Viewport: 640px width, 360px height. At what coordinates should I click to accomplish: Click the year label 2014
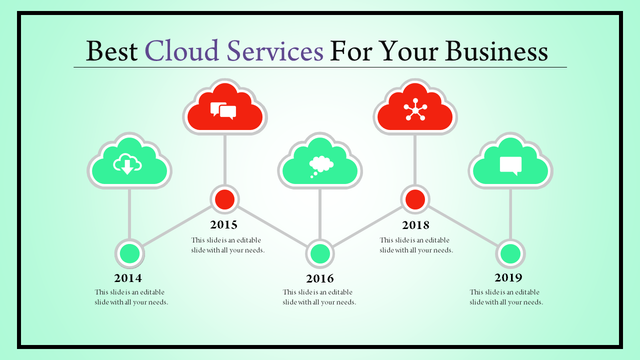[x=128, y=278]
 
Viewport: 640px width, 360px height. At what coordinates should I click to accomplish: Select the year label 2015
[x=223, y=224]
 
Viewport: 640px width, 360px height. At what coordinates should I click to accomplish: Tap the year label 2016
[x=319, y=278]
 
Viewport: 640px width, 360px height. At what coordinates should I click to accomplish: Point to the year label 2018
[x=415, y=225]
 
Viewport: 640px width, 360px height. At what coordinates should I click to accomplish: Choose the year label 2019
[x=508, y=277]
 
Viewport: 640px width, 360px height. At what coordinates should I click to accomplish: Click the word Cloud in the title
[x=181, y=51]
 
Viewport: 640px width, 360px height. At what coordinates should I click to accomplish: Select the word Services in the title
[x=275, y=51]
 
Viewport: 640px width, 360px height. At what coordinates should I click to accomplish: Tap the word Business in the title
[x=496, y=51]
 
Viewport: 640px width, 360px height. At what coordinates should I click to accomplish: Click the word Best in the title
[x=111, y=51]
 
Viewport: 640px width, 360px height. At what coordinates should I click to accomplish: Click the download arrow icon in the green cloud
[x=127, y=164]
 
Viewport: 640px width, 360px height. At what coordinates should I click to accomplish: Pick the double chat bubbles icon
[x=223, y=111]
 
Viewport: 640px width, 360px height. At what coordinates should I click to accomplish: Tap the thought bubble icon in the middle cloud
[x=321, y=166]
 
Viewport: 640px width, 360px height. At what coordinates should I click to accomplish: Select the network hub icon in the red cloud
[x=415, y=109]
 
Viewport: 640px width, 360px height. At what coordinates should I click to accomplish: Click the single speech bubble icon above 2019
[x=510, y=165]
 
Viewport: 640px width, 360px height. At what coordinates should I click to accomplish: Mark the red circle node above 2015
[x=224, y=199]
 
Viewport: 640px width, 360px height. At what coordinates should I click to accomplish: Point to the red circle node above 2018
[x=415, y=199]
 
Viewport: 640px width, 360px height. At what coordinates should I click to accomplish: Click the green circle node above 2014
[x=129, y=253]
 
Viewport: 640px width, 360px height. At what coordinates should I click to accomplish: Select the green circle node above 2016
[x=320, y=253]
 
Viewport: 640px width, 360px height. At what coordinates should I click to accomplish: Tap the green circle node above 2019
[x=510, y=253]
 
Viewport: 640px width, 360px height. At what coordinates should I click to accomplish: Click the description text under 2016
[x=319, y=297]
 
